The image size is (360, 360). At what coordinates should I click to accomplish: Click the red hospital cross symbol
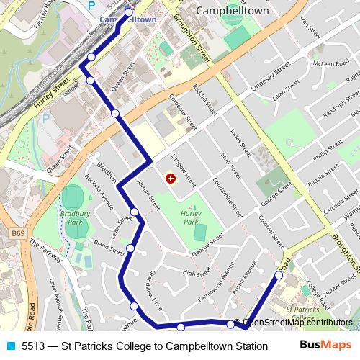pyautogui.click(x=170, y=178)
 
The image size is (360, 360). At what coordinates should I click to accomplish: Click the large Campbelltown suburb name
pyautogui.click(x=232, y=12)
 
